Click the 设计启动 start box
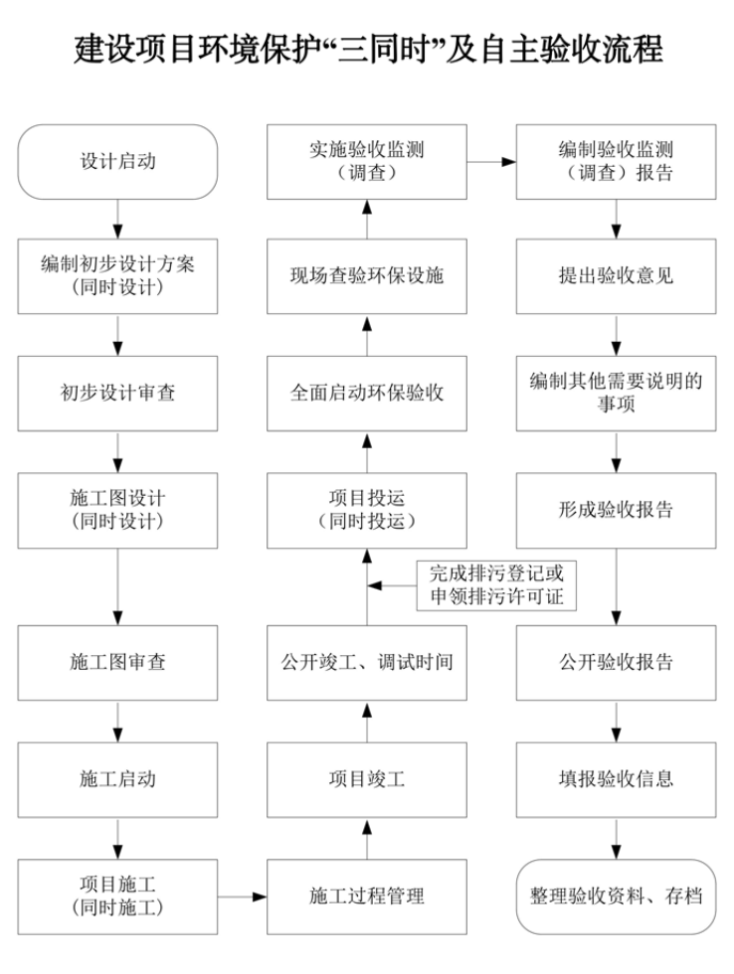[117, 161]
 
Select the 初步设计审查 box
[117, 393]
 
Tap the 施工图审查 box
[117, 662]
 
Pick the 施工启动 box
[117, 778]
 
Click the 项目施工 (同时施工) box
[117, 895]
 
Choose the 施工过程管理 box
[366, 895]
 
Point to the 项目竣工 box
[366, 778]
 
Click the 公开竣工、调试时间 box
[366, 662]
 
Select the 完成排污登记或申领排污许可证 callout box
[496, 585]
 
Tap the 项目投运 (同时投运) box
[366, 510]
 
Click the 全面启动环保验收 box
[366, 393]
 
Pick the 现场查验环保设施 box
[366, 276]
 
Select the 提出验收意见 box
[616, 276]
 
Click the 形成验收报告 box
[616, 510]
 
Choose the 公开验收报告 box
[616, 662]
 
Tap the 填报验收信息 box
[616, 778]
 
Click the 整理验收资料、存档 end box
[616, 895]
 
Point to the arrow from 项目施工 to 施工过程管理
[242, 895]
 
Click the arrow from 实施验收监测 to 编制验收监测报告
[490, 160]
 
